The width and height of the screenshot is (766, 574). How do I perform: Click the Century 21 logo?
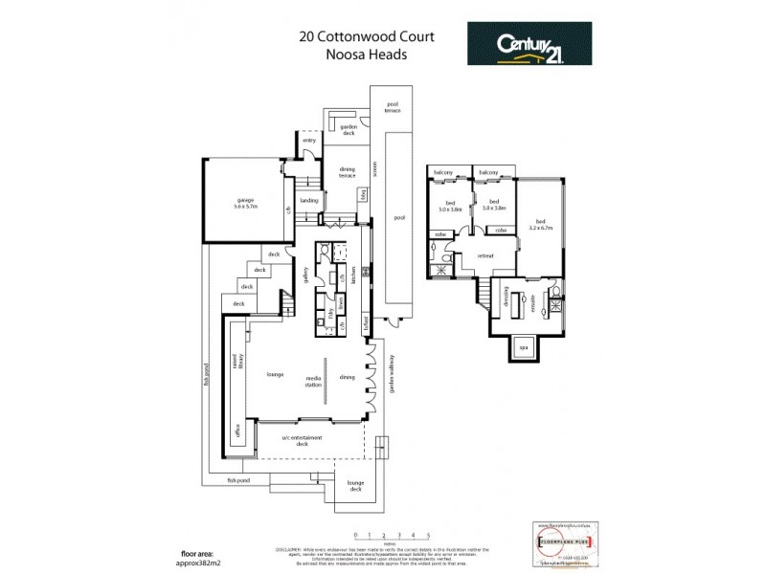point(529,44)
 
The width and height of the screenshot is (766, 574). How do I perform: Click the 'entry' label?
point(309,141)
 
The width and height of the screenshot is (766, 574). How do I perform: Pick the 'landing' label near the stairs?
point(308,201)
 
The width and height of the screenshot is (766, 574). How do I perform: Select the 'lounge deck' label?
point(355,487)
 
